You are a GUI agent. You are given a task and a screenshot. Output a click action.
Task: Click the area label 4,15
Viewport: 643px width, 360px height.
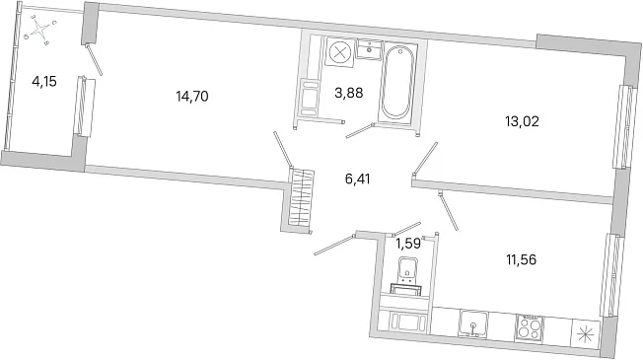[x=43, y=82]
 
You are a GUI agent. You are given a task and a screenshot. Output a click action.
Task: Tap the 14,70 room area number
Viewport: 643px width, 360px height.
[x=192, y=97]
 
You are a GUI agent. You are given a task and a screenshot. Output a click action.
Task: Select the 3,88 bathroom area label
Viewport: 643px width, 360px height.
[x=348, y=93]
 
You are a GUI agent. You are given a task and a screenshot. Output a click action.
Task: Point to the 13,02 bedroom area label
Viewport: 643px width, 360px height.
[x=522, y=121]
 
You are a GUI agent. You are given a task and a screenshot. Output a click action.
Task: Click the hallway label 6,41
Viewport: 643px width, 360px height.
[x=358, y=180]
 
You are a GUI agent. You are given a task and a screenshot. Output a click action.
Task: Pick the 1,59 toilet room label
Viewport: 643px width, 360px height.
[x=408, y=244]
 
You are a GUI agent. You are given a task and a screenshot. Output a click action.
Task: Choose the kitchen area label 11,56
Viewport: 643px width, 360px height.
[x=522, y=259]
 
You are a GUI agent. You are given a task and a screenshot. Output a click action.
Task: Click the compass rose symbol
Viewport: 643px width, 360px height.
[x=39, y=30]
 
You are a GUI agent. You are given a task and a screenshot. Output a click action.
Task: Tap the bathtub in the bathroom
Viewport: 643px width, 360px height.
[x=395, y=82]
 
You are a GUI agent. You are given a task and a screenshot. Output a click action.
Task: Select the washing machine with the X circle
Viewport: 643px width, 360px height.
[x=339, y=51]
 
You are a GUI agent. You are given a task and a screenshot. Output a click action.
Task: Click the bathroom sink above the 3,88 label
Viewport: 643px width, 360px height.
[x=370, y=49]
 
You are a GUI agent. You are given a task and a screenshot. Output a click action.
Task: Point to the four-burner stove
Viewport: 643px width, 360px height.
[x=530, y=327]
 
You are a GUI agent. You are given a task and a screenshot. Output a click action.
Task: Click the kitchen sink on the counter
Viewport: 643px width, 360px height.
[x=473, y=324]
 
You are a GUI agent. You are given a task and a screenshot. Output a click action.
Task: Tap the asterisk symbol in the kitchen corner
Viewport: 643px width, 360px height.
[x=585, y=334]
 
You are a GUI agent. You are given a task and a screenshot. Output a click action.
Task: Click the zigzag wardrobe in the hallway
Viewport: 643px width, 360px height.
[x=301, y=198]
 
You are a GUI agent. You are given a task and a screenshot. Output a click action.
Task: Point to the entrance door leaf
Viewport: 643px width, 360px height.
[x=333, y=245]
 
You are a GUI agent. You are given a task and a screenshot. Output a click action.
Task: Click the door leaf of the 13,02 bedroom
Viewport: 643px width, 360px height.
[x=425, y=158]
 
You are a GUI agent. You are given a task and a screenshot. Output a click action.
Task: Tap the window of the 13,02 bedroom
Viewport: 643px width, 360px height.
[x=624, y=127]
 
